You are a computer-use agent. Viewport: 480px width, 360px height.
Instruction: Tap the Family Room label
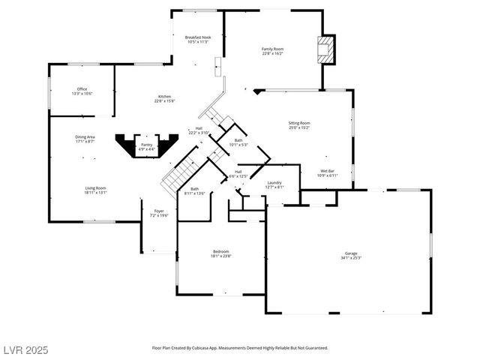(x=272, y=49)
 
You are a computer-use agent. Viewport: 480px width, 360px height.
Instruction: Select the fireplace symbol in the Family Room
(x=325, y=50)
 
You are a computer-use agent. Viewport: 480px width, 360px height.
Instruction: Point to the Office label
(x=82, y=89)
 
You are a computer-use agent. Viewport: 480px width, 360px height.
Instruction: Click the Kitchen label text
(x=164, y=97)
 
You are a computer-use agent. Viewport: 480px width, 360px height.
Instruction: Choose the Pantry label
(x=146, y=145)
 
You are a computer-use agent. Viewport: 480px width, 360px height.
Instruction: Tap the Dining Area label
(x=85, y=137)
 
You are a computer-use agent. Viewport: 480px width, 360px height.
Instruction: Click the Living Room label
(x=94, y=188)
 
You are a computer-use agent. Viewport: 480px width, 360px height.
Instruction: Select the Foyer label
(x=159, y=211)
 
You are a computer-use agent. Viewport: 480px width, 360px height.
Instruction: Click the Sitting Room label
(x=299, y=123)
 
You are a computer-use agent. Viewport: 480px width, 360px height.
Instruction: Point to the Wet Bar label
(x=328, y=171)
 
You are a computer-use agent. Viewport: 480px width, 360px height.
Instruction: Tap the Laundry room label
(x=274, y=182)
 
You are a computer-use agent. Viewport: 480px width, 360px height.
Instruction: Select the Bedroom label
(x=220, y=251)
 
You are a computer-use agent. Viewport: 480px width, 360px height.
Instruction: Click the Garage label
(x=351, y=253)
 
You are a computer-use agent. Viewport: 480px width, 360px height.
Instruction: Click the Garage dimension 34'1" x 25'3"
(x=351, y=258)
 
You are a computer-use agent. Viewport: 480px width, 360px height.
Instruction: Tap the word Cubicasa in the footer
(x=205, y=348)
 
